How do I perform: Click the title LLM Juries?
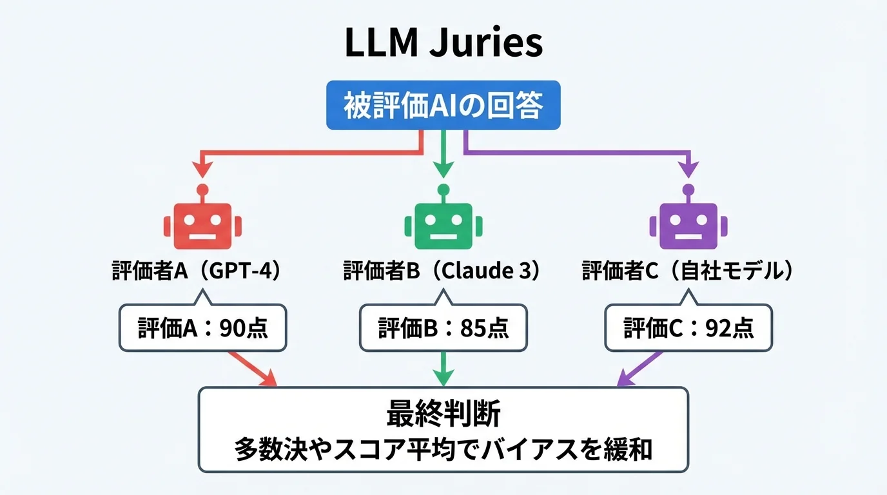(443, 44)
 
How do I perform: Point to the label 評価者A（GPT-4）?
(197, 271)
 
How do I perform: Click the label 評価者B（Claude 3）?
(442, 271)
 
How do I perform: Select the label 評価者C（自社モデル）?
(687, 271)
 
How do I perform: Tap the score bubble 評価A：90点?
(202, 329)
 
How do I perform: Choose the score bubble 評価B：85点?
(443, 329)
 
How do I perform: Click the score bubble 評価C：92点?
(688, 329)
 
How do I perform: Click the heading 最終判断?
(443, 414)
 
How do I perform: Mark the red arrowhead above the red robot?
(202, 170)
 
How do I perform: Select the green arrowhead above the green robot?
(443, 169)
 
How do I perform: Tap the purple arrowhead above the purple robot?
(688, 170)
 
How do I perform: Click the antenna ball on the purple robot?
(688, 189)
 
